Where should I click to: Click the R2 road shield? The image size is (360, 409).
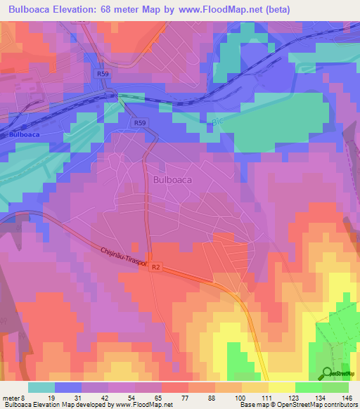pyautogui.click(x=156, y=267)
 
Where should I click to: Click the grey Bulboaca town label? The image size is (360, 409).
pyautogui.click(x=172, y=180)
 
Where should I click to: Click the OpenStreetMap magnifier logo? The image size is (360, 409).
pyautogui.click(x=328, y=373)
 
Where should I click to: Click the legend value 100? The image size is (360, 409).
pyautogui.click(x=241, y=397)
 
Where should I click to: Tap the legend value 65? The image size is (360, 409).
pyautogui.click(x=160, y=397)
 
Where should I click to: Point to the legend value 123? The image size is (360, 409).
pyautogui.click(x=295, y=397)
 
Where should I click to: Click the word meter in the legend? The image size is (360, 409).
pyautogui.click(x=12, y=397)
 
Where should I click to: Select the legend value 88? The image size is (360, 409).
pyautogui.click(x=214, y=397)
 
